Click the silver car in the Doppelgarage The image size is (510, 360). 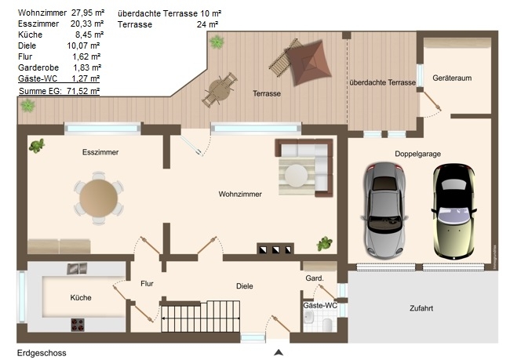click(x=384, y=210)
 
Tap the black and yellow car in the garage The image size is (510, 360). click(x=454, y=212)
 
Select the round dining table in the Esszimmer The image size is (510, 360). click(x=99, y=198)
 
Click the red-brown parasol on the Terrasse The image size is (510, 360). click(x=308, y=63)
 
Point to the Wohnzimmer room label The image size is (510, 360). click(x=240, y=195)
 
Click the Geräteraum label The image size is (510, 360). click(x=452, y=78)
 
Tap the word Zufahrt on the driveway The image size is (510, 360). click(x=421, y=308)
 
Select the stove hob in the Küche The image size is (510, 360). click(x=78, y=325)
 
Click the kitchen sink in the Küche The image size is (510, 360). click(x=78, y=268)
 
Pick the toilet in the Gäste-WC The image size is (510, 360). click(x=327, y=323)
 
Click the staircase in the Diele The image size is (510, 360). click(x=200, y=316)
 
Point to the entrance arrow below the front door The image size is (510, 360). click(x=279, y=352)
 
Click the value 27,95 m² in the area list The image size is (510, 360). click(x=88, y=13)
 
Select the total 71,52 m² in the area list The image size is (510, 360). click(x=83, y=91)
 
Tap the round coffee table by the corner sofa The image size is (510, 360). click(x=296, y=176)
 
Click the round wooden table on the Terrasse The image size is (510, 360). click(x=220, y=89)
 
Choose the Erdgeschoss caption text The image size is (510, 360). click(x=42, y=353)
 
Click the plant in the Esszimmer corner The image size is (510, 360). click(x=37, y=146)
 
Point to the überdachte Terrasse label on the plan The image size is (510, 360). click(x=383, y=82)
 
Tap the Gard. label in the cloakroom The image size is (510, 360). click(x=315, y=278)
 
